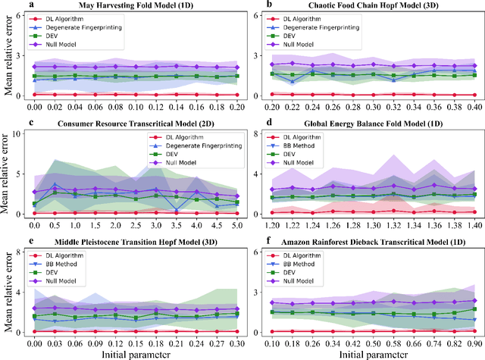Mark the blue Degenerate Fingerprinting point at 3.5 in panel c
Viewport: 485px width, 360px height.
pos(175,210)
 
